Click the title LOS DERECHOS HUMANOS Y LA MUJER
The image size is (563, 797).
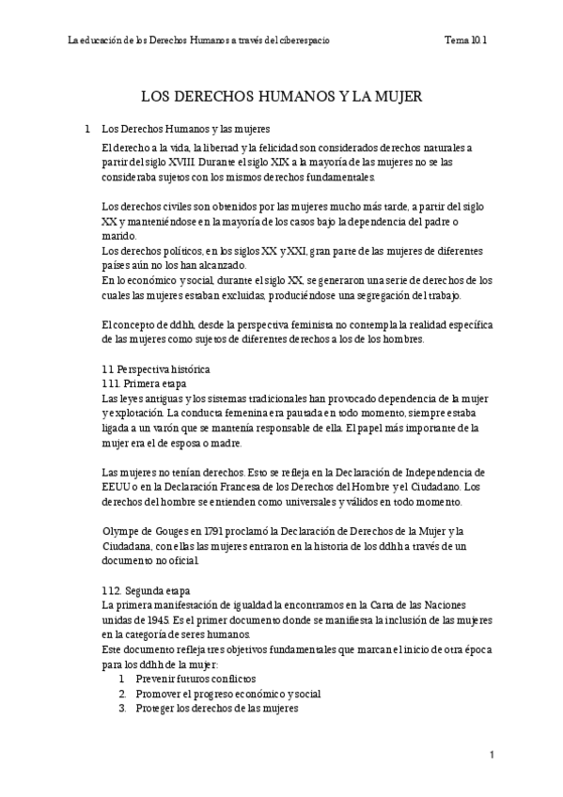pyautogui.click(x=281, y=97)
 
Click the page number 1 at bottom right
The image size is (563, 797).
pyautogui.click(x=492, y=755)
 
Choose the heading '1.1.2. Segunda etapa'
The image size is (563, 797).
pyautogui.click(x=145, y=590)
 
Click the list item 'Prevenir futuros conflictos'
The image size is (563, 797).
pyautogui.click(x=195, y=679)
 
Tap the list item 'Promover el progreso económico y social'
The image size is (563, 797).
pyautogui.click(x=228, y=694)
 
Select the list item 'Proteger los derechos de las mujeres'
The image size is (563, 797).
pyautogui.click(x=217, y=709)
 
